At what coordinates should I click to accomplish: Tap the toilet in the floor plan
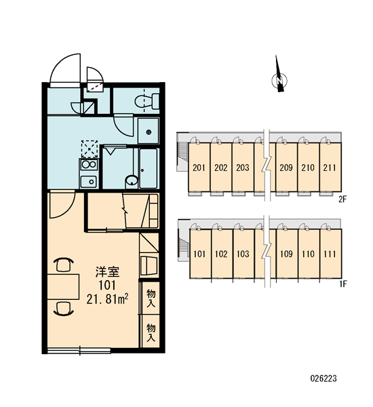tap(147, 102)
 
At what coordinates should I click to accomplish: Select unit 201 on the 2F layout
tap(199, 168)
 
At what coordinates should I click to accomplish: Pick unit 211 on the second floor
tap(330, 168)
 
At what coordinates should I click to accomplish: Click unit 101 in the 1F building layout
tap(199, 254)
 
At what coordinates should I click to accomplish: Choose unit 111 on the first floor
tap(330, 254)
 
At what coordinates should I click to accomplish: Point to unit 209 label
tap(286, 168)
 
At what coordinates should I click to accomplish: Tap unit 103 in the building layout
tap(243, 254)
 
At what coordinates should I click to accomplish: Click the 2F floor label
tap(342, 199)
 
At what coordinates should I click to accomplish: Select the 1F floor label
tap(343, 284)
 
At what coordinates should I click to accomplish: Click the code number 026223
tap(323, 379)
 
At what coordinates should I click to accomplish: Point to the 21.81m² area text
tap(107, 299)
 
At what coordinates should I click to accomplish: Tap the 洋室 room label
tap(107, 271)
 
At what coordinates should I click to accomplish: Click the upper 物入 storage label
tap(151, 298)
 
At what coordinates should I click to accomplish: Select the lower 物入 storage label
tap(151, 332)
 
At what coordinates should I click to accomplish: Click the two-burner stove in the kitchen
tap(89, 165)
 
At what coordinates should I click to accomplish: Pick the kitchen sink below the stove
tap(89, 181)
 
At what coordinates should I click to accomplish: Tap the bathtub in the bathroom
tap(149, 168)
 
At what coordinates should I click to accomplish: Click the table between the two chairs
tap(63, 286)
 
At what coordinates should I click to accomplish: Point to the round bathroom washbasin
tap(132, 180)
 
